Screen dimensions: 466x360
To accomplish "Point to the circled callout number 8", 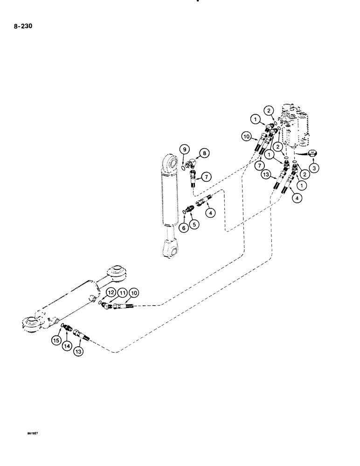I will click(204, 153).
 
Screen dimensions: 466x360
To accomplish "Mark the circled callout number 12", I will click(111, 292).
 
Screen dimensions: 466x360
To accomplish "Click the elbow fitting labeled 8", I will click(192, 164).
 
